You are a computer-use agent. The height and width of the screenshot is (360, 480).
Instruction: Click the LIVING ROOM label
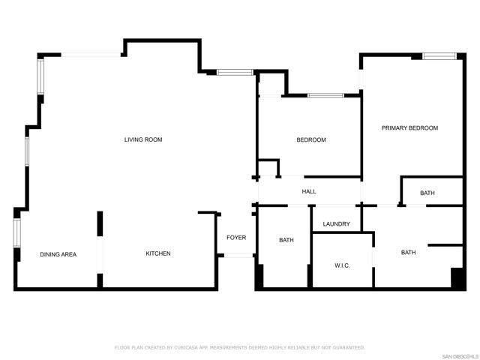click(143, 139)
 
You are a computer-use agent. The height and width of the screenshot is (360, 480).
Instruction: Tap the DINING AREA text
click(58, 254)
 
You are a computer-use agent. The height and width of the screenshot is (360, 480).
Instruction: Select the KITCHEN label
click(158, 253)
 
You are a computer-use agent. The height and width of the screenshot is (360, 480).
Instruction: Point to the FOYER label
click(236, 238)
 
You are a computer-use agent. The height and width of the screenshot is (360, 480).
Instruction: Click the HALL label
click(309, 192)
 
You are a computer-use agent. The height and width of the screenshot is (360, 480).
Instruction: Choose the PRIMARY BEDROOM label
click(410, 128)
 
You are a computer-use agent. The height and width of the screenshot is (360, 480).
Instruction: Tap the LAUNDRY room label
click(337, 224)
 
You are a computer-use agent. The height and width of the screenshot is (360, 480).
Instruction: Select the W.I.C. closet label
click(342, 265)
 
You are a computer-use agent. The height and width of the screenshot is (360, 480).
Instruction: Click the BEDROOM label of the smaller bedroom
click(311, 140)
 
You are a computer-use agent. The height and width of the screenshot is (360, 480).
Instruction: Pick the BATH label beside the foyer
click(286, 240)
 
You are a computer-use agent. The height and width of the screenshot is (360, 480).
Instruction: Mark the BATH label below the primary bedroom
click(427, 193)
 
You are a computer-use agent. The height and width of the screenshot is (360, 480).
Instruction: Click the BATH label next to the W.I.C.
click(408, 253)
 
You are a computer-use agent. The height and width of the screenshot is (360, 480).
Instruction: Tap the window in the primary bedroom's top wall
click(439, 56)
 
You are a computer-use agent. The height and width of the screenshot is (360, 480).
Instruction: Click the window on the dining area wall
click(16, 233)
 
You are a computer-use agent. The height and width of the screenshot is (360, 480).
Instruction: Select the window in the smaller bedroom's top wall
click(325, 95)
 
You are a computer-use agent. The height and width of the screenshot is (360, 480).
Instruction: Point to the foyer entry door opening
click(238, 255)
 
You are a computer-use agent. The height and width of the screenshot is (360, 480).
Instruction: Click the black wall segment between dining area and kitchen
click(100, 223)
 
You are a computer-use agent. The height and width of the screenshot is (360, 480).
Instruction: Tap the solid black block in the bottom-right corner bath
click(457, 278)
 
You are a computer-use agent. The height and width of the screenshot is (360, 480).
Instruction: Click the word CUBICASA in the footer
click(187, 348)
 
